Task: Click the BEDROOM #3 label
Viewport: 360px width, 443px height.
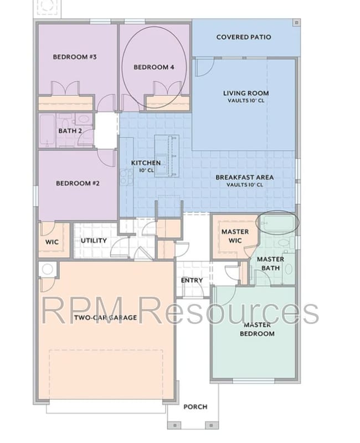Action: (75, 57)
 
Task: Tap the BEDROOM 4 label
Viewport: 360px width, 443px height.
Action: (154, 67)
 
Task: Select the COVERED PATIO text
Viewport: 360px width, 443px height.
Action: (244, 37)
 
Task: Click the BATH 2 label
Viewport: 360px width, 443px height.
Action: (70, 131)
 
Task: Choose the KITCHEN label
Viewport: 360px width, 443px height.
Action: (146, 163)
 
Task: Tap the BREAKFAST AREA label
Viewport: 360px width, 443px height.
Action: (244, 177)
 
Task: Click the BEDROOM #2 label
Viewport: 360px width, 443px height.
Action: (78, 183)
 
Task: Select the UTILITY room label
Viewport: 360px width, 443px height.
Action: (94, 241)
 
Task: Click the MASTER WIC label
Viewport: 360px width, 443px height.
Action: (235, 235)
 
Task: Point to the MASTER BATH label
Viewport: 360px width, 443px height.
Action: (271, 263)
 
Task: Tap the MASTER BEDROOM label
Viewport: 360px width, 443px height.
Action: (257, 329)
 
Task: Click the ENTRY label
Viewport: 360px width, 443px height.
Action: (192, 281)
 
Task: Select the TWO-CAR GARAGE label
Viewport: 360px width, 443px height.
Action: (105, 318)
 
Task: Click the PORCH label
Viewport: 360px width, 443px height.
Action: (195, 406)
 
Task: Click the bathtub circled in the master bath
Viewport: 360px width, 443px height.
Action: (279, 223)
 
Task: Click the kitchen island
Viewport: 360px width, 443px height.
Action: (166, 156)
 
